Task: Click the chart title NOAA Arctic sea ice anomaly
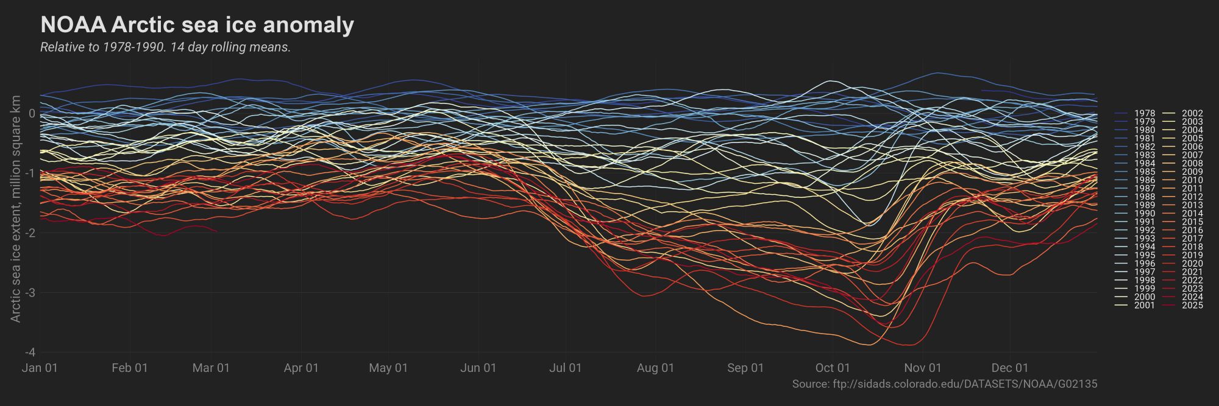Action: click(x=197, y=26)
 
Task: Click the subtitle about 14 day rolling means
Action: click(x=165, y=47)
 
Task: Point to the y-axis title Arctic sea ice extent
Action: click(x=16, y=209)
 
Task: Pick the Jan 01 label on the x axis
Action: click(x=40, y=368)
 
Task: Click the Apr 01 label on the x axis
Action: click(x=301, y=368)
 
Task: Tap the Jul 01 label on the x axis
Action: click(x=566, y=368)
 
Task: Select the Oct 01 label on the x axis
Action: click(x=833, y=368)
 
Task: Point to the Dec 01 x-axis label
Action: click(x=1010, y=368)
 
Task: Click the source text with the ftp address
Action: click(x=944, y=384)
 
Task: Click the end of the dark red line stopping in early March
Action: click(x=216, y=231)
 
